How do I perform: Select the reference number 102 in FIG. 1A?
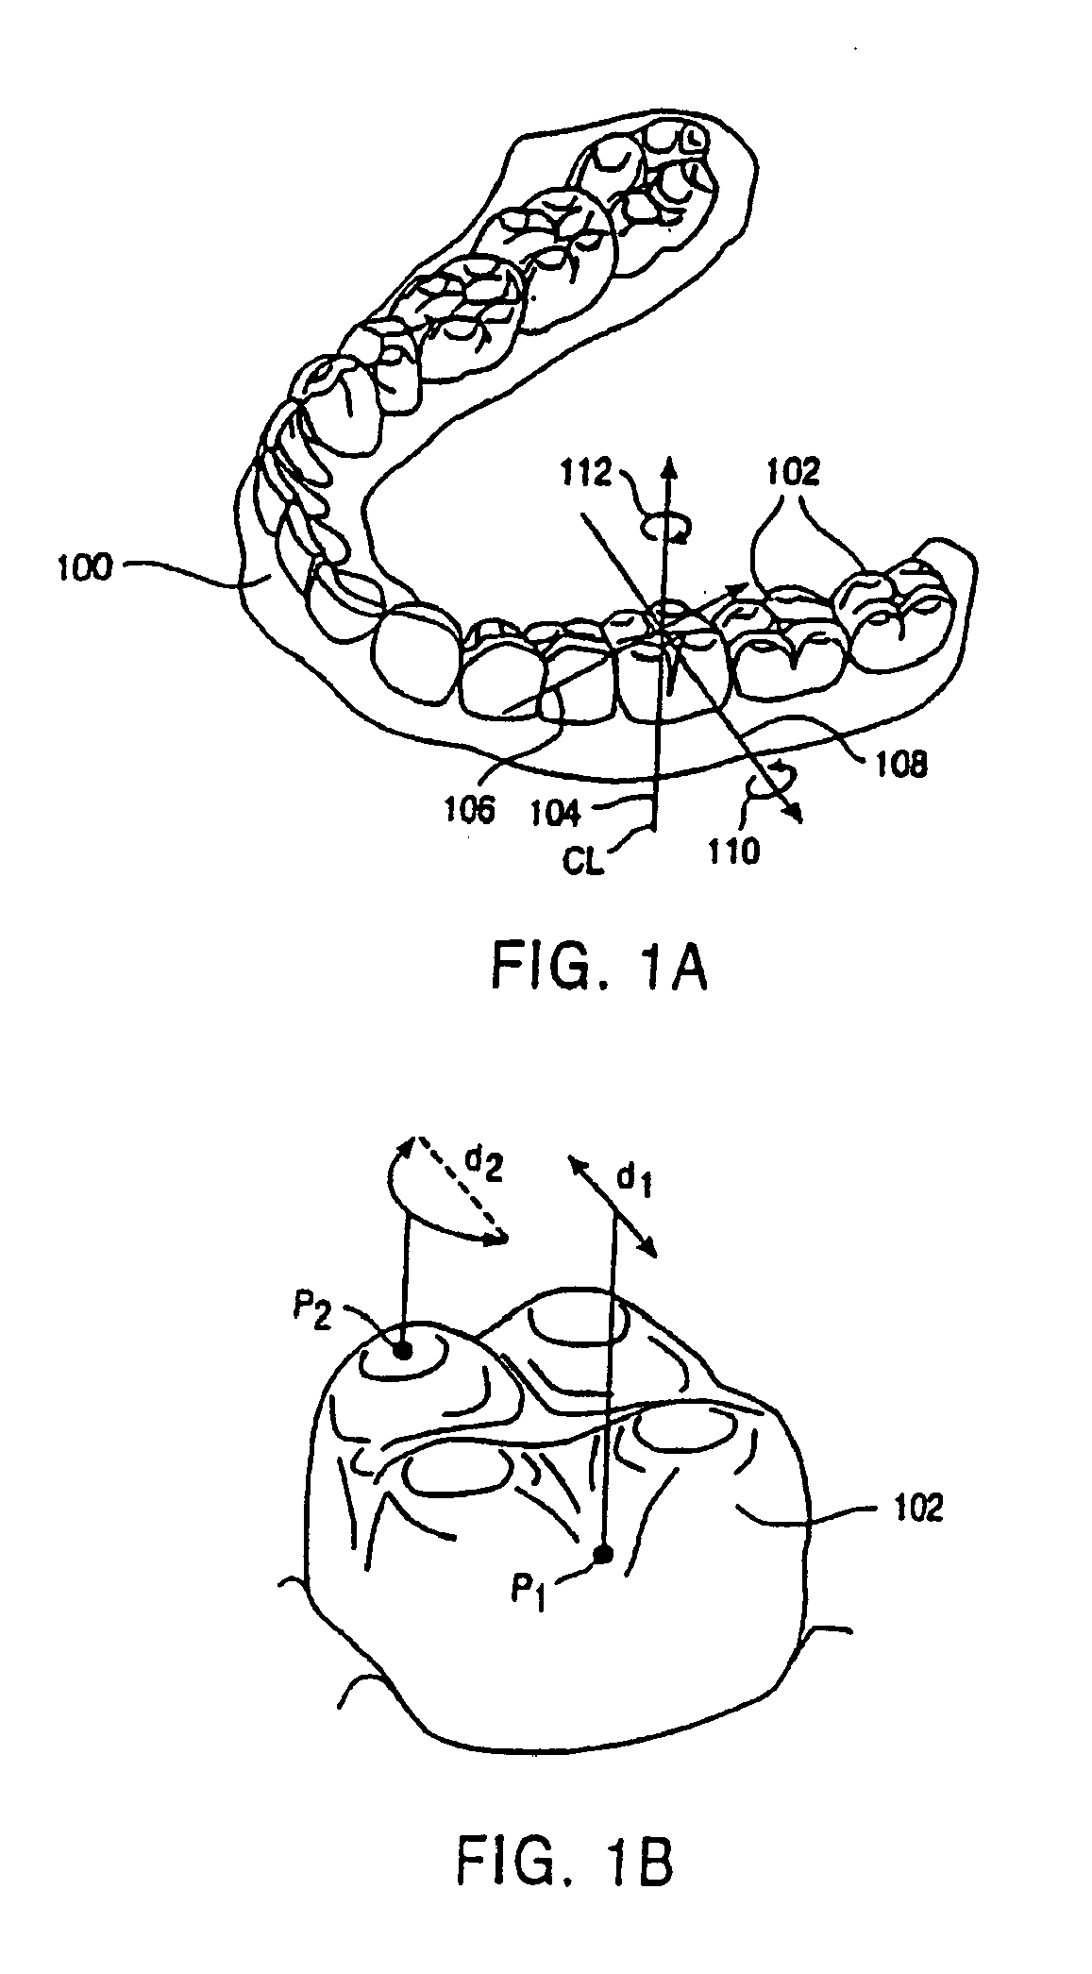click(x=795, y=471)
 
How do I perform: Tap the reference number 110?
click(x=733, y=851)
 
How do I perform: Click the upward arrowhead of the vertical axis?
click(x=669, y=464)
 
